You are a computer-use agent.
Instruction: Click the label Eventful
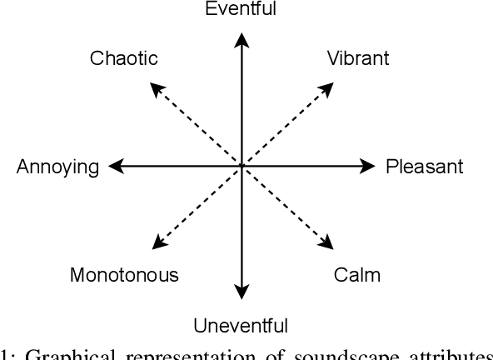tap(241, 9)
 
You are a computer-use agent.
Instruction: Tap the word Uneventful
tap(241, 325)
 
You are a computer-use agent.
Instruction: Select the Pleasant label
tap(424, 167)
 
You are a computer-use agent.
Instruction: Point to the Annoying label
tap(57, 167)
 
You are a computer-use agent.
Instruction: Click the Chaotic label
tap(123, 59)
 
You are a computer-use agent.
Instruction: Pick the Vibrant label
tap(358, 59)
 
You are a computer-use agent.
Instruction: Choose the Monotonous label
tap(124, 275)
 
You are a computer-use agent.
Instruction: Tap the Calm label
tap(358, 275)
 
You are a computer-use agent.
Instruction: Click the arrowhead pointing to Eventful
tap(241, 37)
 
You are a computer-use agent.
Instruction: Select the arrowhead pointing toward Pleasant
tap(369, 167)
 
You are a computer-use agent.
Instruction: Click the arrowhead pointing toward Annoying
tap(115, 167)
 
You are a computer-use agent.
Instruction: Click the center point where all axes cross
tap(241, 167)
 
